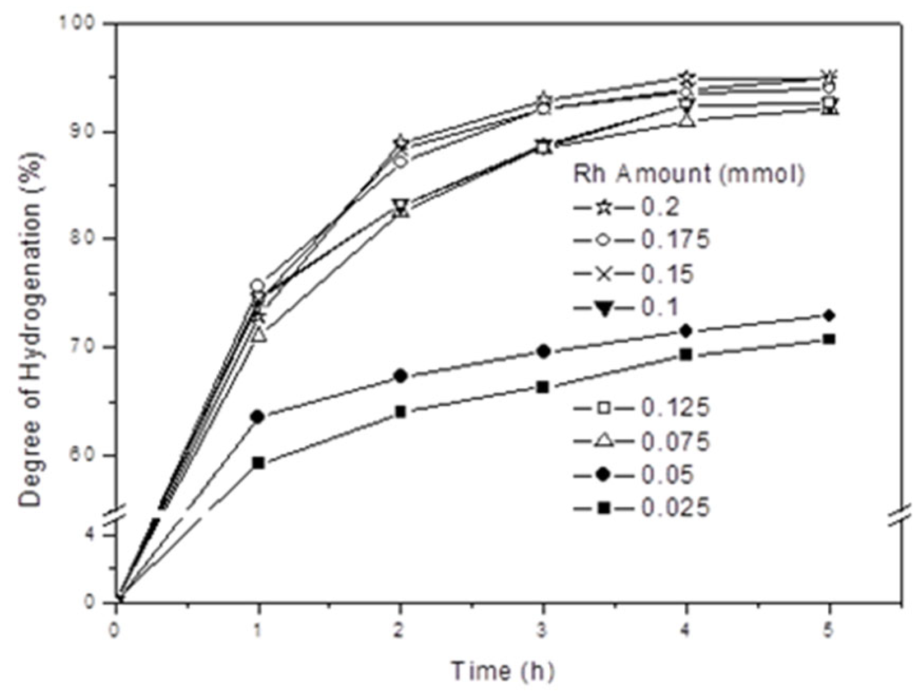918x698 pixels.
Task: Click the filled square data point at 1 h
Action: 258,463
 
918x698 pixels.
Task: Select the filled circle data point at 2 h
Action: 400,376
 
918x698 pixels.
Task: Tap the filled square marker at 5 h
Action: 829,339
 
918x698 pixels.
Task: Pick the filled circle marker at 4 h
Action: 686,331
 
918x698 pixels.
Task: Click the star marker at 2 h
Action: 400,142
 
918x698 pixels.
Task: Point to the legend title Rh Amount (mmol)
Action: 688,174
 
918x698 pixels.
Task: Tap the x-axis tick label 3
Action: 543,631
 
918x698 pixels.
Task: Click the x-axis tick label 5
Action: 829,631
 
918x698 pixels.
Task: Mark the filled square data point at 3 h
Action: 543,387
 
